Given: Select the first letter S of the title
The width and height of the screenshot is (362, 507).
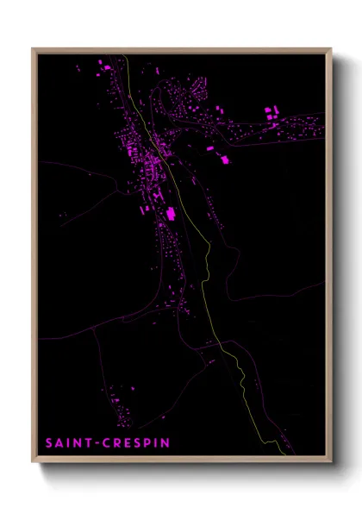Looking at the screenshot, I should pyautogui.click(x=50, y=443).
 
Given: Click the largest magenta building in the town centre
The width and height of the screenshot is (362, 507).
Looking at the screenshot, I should pyautogui.click(x=170, y=213).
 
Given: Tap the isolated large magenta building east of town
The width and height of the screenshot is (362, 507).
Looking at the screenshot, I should pyautogui.click(x=226, y=160).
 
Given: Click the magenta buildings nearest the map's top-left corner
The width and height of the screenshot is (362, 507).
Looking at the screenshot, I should pyautogui.click(x=102, y=65).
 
